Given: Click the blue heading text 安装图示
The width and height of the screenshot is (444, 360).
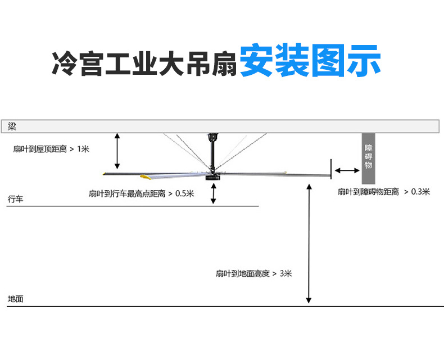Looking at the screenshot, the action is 310,60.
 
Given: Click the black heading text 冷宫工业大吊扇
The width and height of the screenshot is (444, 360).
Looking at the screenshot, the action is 144,64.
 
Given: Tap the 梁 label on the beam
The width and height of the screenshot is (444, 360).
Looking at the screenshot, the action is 12,127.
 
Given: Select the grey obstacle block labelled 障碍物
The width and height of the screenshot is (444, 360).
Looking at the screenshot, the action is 368,159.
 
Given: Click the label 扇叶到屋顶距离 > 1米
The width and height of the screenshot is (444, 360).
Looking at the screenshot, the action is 51,149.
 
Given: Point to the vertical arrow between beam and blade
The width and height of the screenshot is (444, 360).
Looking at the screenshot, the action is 117,151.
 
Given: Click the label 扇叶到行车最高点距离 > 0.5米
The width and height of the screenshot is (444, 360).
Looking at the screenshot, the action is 141,193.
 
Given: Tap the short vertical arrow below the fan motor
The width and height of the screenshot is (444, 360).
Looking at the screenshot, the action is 214,193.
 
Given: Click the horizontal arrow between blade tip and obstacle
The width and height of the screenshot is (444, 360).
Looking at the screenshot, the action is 347,170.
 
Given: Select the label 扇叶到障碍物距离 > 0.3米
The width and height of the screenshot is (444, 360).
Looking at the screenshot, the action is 384,192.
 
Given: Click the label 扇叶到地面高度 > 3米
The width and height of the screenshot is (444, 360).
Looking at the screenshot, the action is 253,273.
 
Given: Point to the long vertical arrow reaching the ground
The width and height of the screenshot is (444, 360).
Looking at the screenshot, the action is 309,244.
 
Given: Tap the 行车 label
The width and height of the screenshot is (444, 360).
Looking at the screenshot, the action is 15,199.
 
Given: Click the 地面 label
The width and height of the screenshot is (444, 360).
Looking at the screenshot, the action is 15,299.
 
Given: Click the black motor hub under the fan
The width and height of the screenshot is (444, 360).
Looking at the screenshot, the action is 212,177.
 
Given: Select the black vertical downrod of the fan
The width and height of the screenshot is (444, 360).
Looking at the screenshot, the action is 212,156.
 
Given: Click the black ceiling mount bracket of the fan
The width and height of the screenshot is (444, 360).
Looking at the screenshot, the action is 212,137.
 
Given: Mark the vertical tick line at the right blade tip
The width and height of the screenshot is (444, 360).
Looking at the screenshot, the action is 330,169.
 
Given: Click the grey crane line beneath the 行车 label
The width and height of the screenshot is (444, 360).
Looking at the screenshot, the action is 133,206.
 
